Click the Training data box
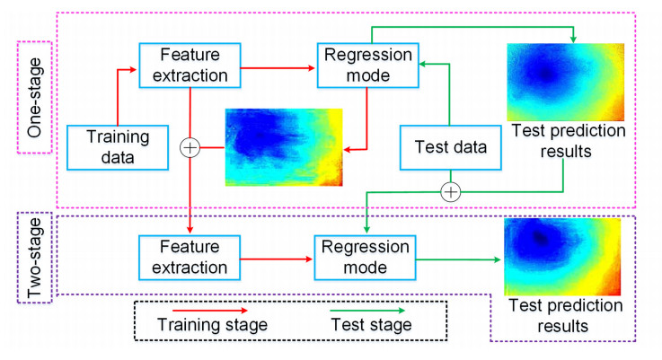point(118,147)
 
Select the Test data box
point(450,147)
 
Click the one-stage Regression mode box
point(356,66)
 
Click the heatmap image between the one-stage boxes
point(284,146)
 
